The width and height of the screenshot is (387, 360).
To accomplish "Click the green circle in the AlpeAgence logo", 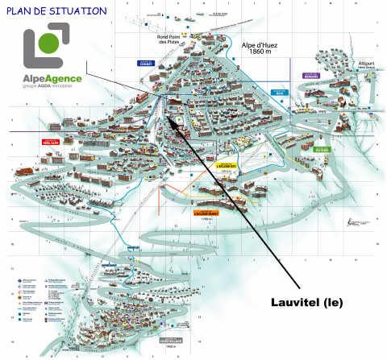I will (x=50, y=42).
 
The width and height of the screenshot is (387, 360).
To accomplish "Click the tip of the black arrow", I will (x=169, y=118).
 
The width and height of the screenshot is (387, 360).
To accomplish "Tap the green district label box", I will (x=322, y=149).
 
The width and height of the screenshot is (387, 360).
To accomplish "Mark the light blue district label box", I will (x=279, y=93).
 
